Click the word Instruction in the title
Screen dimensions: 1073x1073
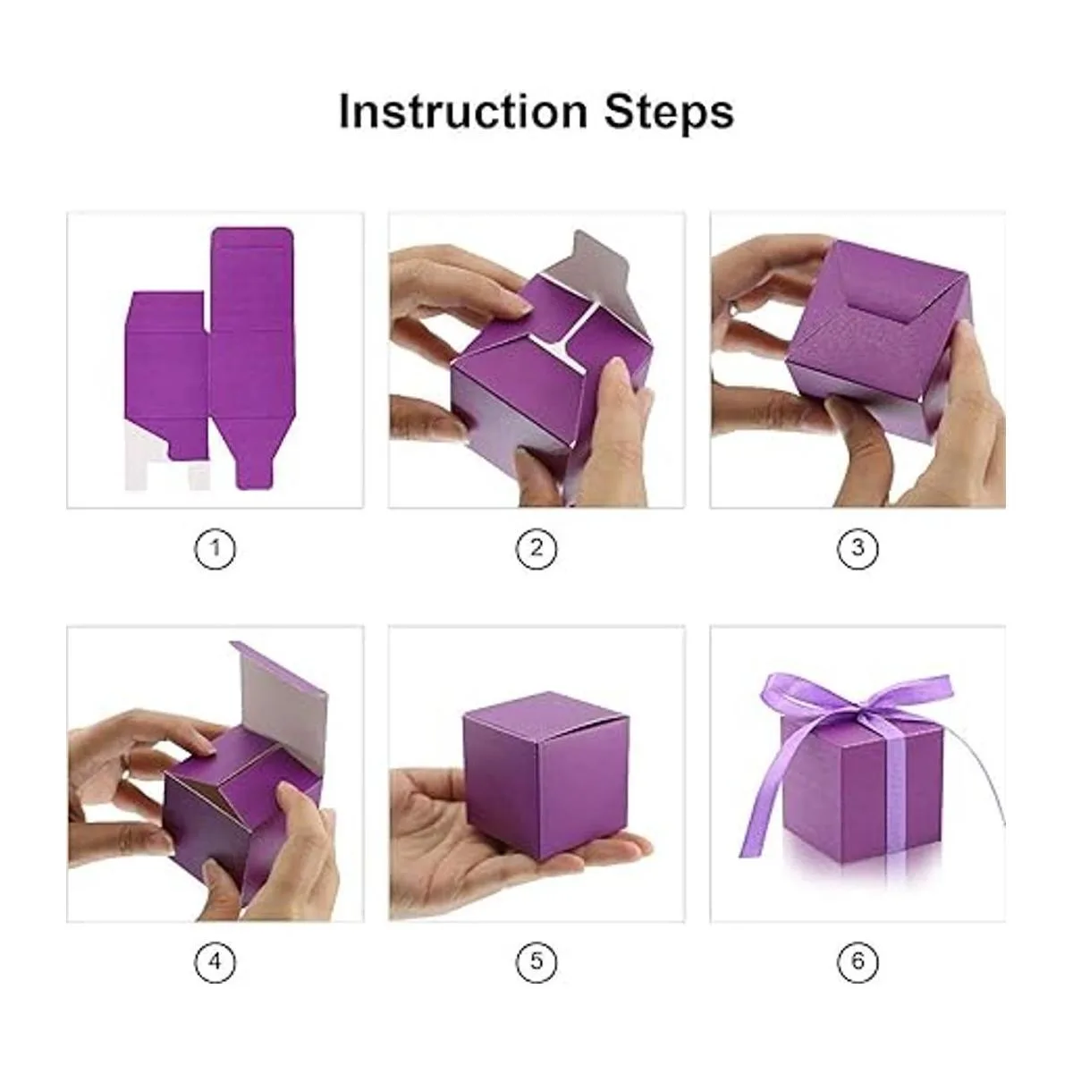(462, 112)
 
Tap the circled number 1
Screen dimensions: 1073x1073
(215, 548)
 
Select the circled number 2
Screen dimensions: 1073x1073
(536, 548)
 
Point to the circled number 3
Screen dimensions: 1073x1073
(858, 548)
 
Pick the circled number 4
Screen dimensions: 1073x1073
(215, 961)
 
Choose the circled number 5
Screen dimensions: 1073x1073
(536, 961)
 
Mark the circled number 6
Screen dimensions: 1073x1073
(858, 961)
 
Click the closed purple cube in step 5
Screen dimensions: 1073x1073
(545, 775)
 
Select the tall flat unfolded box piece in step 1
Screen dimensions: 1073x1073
(250, 357)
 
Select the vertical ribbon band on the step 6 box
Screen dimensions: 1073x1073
(898, 790)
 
